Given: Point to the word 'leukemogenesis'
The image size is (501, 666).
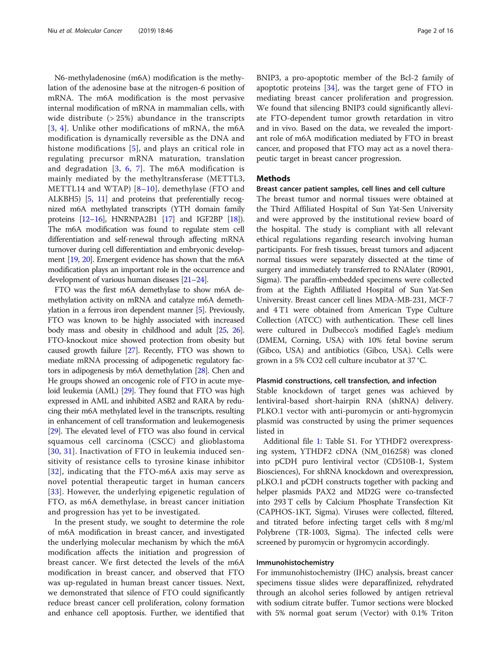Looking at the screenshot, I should (x=217, y=421).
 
